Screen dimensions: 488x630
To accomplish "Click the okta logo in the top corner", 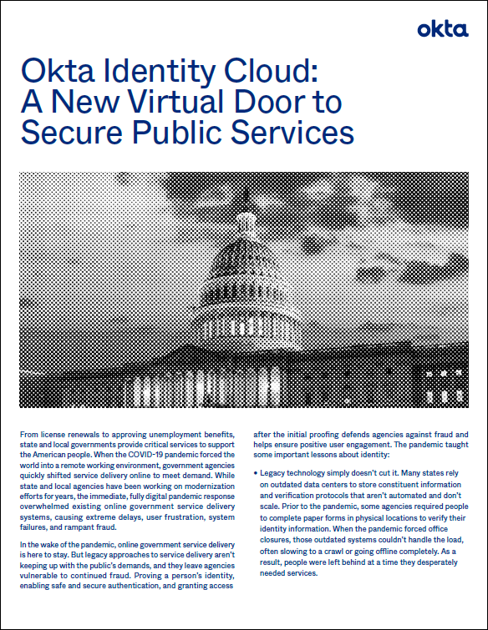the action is [443, 30].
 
